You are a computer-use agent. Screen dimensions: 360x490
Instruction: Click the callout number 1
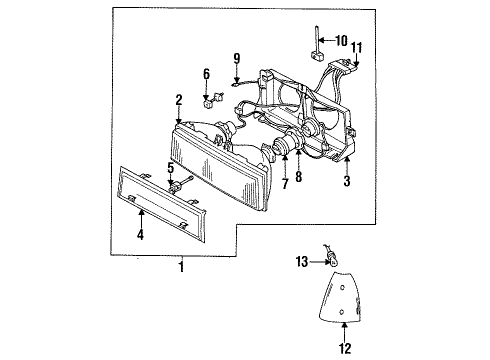180,266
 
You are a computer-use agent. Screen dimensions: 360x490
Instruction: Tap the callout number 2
178,100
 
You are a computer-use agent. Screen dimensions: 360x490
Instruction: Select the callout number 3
347,183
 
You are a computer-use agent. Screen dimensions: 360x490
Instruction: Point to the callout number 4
141,237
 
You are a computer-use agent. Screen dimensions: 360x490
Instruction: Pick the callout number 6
207,74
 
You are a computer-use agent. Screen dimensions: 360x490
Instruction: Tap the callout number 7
284,185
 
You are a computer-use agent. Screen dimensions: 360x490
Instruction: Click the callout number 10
342,41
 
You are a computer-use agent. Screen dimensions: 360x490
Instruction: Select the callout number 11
358,46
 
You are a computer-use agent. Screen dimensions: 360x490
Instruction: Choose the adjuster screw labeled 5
181,184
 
